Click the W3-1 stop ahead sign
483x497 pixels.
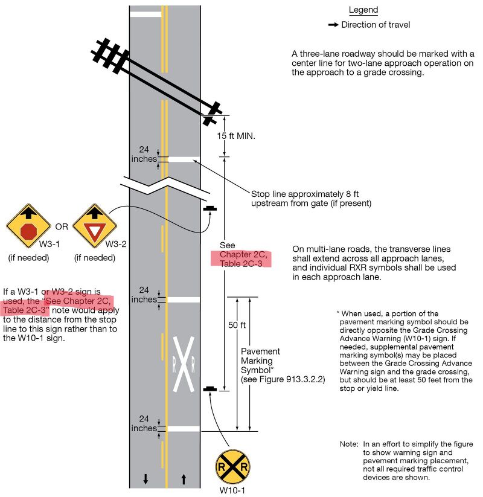click(x=28, y=226)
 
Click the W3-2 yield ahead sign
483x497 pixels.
click(x=95, y=226)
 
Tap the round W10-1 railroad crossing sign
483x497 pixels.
click(x=232, y=467)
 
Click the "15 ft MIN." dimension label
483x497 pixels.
click(x=236, y=136)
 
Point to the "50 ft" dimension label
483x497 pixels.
click(x=237, y=325)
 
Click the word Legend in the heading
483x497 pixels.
click(x=363, y=10)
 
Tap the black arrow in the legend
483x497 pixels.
click(x=333, y=25)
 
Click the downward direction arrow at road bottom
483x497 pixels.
click(x=146, y=479)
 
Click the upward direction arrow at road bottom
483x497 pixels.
click(x=184, y=479)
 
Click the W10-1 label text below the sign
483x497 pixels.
click(x=232, y=490)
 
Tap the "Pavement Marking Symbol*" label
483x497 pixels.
click(x=260, y=360)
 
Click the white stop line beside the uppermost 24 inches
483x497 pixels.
click(x=184, y=159)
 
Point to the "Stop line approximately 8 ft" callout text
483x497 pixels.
click(x=305, y=194)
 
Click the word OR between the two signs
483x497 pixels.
click(x=62, y=227)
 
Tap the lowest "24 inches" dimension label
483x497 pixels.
click(x=144, y=424)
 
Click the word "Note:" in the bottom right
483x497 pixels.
click(x=348, y=444)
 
